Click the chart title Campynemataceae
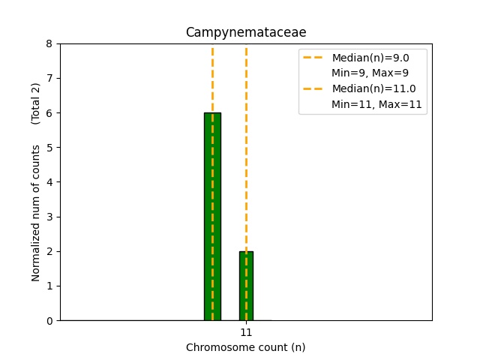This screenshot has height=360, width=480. pos(246,32)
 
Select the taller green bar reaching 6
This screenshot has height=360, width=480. pos(212,217)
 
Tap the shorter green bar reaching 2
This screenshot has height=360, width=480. pos(246,286)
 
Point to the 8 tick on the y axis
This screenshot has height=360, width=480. pos(49,43)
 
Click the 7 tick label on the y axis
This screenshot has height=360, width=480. pos(49,78)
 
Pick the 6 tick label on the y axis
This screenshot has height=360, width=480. pos(49,113)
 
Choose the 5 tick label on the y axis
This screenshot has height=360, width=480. pos(49,148)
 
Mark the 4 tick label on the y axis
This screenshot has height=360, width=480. pos(49,182)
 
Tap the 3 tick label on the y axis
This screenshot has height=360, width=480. pos(49,217)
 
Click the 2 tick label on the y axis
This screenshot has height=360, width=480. pos(49,251)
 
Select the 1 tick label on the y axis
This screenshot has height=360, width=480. pos(49,286)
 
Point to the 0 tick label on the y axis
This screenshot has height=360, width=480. pos(49,321)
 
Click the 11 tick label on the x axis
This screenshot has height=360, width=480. pos(246,332)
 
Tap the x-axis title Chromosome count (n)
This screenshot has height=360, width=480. pos(246,347)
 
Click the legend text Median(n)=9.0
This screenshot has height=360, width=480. pos(370,58)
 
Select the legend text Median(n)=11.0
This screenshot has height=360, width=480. pos(373,88)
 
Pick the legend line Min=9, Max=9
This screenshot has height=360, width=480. pos(370,73)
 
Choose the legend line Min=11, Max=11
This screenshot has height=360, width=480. pos(376,104)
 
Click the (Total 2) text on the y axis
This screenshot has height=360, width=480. pos(35,103)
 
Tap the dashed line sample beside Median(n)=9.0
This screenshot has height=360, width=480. pos(313,58)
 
